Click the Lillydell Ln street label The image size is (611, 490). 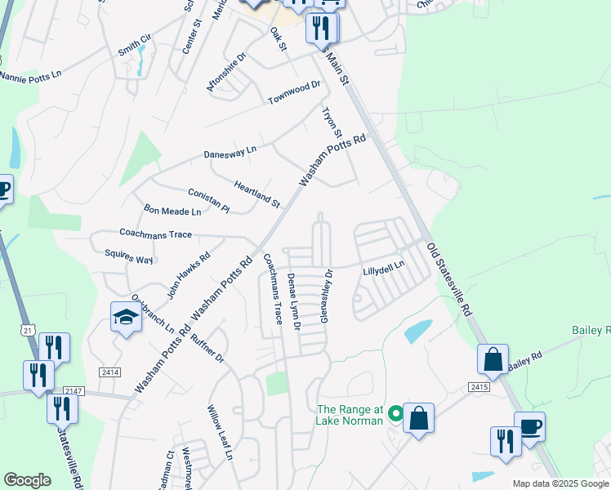(384, 267)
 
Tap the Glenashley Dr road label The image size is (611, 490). (327, 296)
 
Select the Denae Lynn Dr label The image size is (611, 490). (294, 302)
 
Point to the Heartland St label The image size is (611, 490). (257, 193)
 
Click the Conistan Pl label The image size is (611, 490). (209, 198)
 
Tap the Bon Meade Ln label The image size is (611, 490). (172, 212)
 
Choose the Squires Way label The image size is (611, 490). (129, 260)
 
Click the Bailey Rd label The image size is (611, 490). (525, 359)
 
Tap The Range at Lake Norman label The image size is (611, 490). (350, 415)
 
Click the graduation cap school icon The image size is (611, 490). (127, 317)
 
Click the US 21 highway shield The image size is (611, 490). (28, 328)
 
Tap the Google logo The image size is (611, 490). (28, 480)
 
